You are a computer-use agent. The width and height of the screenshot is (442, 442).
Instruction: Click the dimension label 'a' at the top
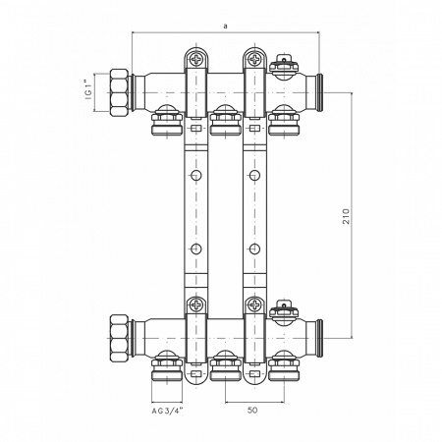[x=225, y=27]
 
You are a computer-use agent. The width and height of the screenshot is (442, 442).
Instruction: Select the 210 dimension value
[x=346, y=216]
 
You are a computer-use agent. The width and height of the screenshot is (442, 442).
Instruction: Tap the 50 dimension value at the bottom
[x=252, y=410]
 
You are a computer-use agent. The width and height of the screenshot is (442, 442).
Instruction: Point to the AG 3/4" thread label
[x=167, y=412]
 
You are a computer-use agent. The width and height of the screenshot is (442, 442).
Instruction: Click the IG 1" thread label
[x=88, y=89]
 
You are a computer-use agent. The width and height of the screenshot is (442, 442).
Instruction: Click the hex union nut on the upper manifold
[x=119, y=92]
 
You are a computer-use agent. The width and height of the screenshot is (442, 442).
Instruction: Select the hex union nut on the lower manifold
[x=119, y=338]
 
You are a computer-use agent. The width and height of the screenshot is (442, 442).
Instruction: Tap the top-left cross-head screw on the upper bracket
[x=196, y=59]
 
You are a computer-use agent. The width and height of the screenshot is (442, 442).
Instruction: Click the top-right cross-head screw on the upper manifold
[x=254, y=59]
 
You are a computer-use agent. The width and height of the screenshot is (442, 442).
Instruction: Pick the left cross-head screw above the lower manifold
[x=196, y=304]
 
